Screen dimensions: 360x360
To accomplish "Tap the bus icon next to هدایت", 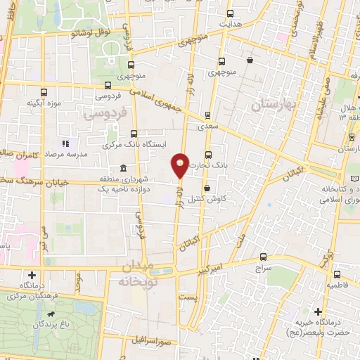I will (224, 24).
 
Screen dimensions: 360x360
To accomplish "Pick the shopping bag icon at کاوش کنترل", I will (207, 188).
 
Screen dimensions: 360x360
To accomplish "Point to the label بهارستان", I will (276, 105).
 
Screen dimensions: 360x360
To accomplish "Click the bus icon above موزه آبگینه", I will (44, 92).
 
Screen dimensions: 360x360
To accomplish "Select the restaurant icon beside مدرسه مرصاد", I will (65, 143).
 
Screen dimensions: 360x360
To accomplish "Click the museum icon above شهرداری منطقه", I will (124, 169).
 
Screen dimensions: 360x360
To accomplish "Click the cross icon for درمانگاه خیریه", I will (318, 311).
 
